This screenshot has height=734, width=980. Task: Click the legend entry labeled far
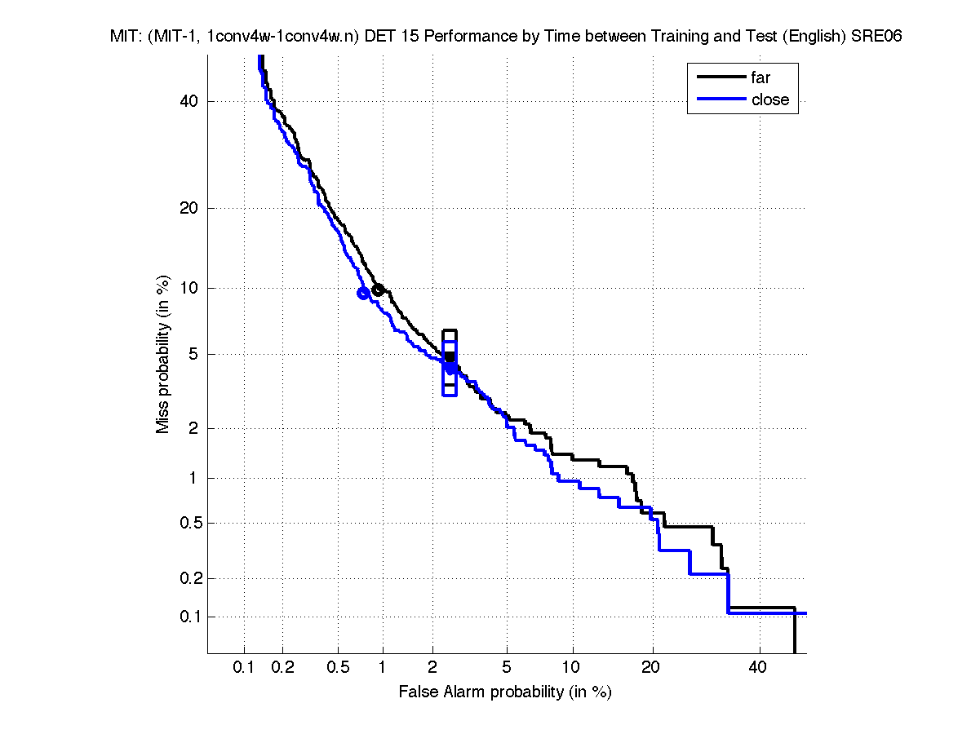pyautogui.click(x=760, y=78)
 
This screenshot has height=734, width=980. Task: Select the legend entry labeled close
pyautogui.click(x=770, y=100)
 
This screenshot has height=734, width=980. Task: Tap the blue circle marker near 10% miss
pyautogui.click(x=364, y=294)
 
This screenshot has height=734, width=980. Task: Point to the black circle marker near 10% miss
pyautogui.click(x=378, y=290)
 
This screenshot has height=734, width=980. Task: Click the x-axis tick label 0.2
pyautogui.click(x=283, y=668)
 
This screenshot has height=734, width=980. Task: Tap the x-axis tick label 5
pyautogui.click(x=507, y=668)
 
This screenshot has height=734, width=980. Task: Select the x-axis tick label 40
pyautogui.click(x=758, y=668)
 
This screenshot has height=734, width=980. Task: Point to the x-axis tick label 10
pyautogui.click(x=573, y=668)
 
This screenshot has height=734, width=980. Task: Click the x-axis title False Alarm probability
pyautogui.click(x=505, y=692)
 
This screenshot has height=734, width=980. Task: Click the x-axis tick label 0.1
pyautogui.click(x=244, y=668)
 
